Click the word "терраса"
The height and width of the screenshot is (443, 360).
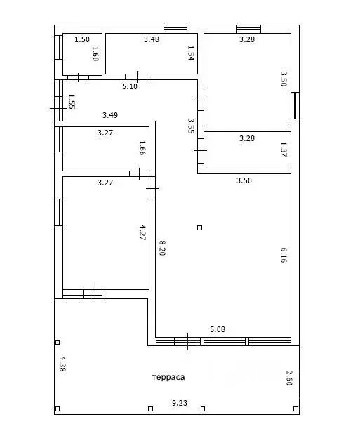tap(168, 377)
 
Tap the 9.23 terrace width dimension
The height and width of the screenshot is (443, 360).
tap(180, 403)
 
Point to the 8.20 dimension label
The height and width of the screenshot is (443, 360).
tap(162, 248)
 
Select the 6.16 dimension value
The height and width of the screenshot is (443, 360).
tap(284, 255)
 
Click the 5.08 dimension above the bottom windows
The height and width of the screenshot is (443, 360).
tap(218, 329)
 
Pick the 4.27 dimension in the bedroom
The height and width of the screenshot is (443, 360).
tap(143, 232)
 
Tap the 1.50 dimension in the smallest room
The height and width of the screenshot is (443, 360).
tap(82, 39)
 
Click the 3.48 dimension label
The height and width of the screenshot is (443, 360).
tap(152, 39)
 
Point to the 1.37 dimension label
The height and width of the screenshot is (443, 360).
tap(284, 149)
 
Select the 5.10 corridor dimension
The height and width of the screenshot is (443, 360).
tap(130, 86)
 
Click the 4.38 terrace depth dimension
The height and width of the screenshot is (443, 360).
tap(62, 364)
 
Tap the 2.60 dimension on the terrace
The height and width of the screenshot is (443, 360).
tap(289, 378)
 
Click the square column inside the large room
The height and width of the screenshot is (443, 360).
tap(199, 227)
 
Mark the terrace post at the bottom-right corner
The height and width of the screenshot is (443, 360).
tap(295, 409)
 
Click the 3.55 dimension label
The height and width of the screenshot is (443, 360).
tap(191, 126)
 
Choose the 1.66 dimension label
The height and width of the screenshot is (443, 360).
tap(142, 147)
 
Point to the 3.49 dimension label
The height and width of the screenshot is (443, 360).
tap(110, 115)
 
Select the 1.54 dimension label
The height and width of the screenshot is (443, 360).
tap(191, 53)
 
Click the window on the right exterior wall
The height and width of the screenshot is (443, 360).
tap(295, 105)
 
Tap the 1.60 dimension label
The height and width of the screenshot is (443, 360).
tap(95, 53)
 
